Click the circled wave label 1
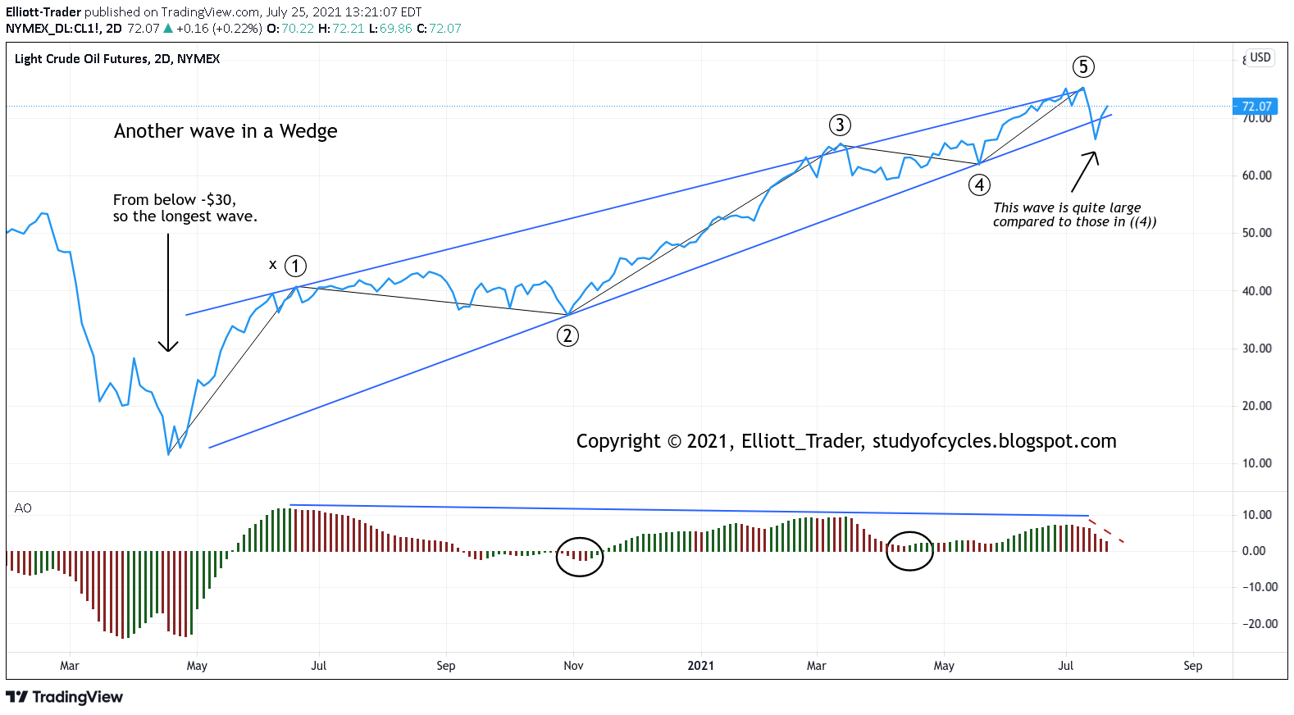pyautogui.click(x=295, y=266)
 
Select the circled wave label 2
pyautogui.click(x=567, y=335)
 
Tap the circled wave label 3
pyautogui.click(x=840, y=125)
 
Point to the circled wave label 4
pyautogui.click(x=979, y=184)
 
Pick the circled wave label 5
pyautogui.click(x=1083, y=66)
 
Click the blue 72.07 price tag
pyautogui.click(x=1255, y=106)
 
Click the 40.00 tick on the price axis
pyautogui.click(x=1256, y=291)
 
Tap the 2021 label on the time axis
pyautogui.click(x=700, y=666)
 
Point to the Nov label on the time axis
pyautogui.click(x=573, y=666)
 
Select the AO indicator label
pyautogui.click(x=23, y=508)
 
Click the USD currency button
pyautogui.click(x=1260, y=57)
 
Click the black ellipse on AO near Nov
pyautogui.click(x=580, y=557)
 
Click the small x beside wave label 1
pyautogui.click(x=273, y=264)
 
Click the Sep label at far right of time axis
pyautogui.click(x=1192, y=666)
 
